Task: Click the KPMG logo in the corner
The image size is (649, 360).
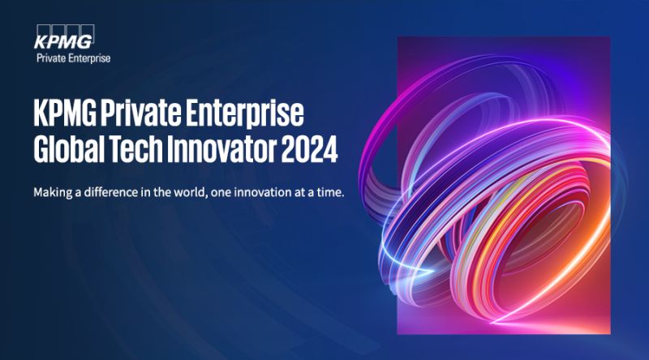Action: pos(64,37)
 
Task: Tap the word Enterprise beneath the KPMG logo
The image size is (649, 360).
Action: pos(89,58)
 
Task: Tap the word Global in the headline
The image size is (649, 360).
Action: pos(69,148)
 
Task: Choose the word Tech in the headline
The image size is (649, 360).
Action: pos(135,148)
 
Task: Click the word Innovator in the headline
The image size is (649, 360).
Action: pos(221,148)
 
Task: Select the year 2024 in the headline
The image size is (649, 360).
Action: pos(310,148)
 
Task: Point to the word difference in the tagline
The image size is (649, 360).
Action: pos(111,192)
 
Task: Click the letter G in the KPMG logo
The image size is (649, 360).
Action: pos(84,42)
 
